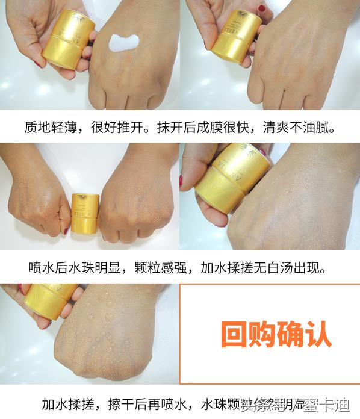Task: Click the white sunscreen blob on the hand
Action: (x=123, y=43)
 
